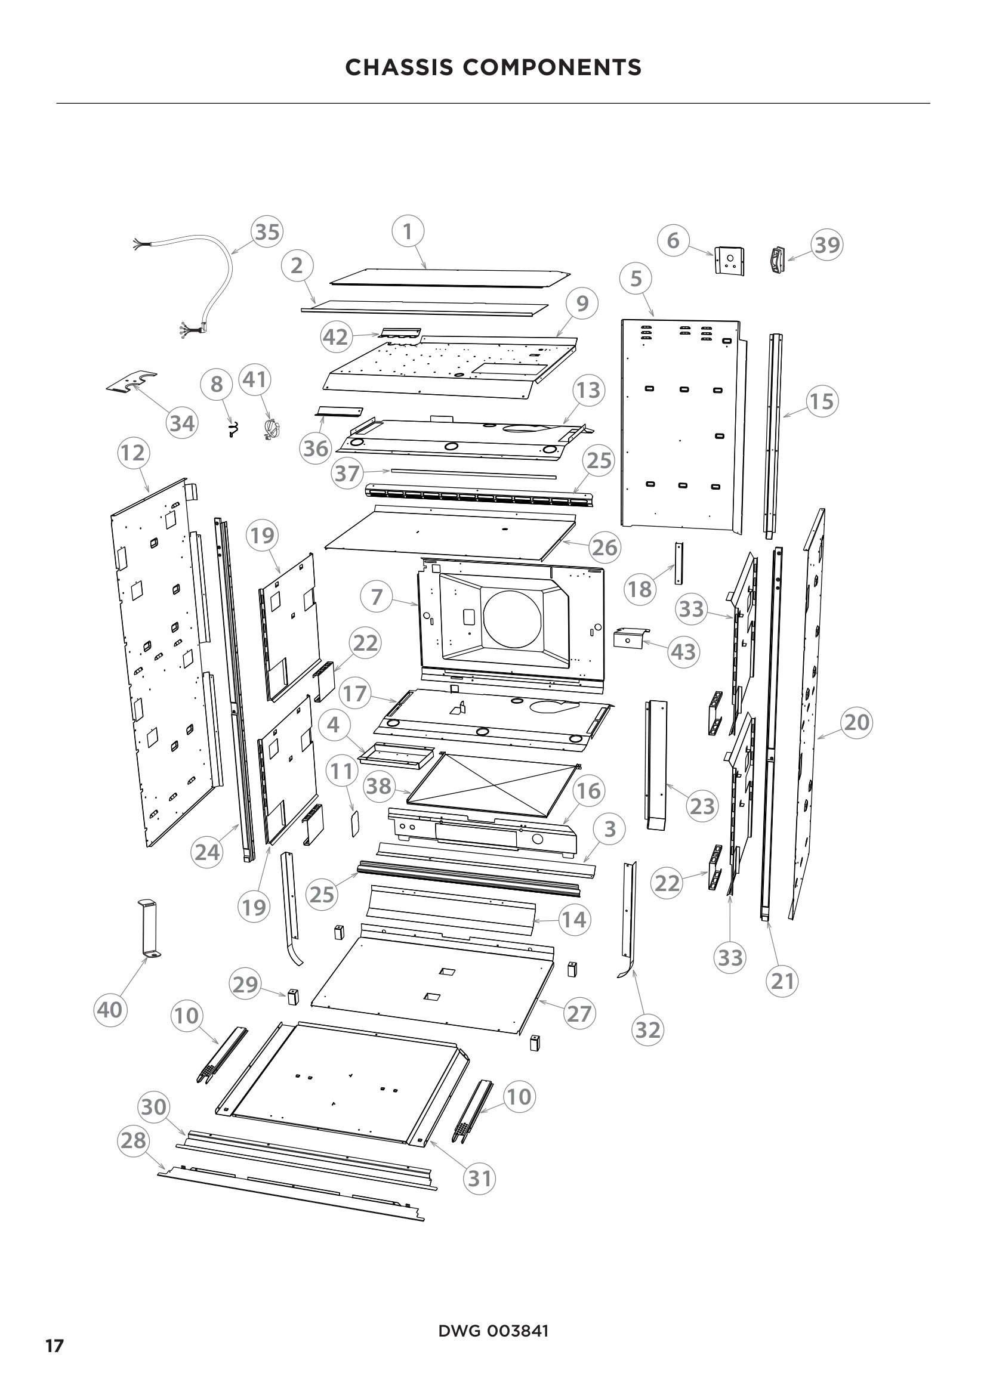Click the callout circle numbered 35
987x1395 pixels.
click(267, 231)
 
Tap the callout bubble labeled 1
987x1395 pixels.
click(407, 231)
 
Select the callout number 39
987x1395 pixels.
click(826, 245)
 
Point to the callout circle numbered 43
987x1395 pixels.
click(683, 652)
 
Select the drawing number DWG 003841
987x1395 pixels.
click(493, 1331)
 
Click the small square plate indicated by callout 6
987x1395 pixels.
click(730, 261)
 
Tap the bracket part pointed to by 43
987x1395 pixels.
click(629, 639)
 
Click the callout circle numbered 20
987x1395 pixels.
click(857, 722)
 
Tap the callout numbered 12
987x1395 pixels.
click(133, 453)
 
